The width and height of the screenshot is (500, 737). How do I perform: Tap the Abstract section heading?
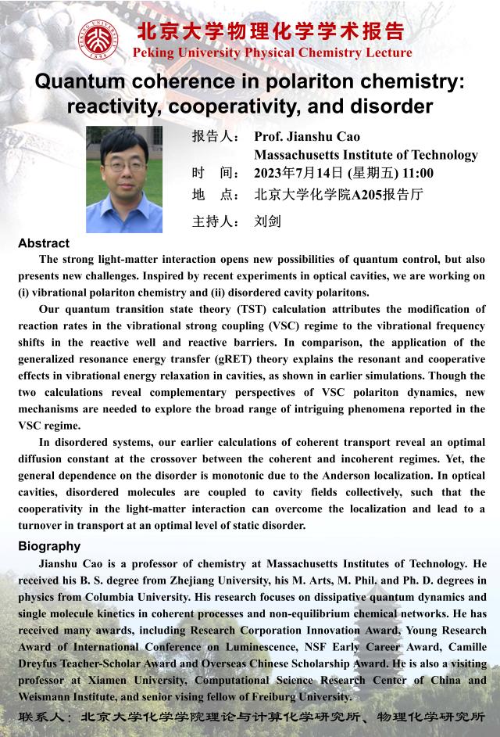pos(44,243)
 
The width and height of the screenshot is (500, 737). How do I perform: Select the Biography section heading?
pos(49,546)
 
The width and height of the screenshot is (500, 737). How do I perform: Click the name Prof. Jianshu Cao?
pos(307,137)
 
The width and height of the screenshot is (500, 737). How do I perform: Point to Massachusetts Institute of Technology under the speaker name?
pos(366,155)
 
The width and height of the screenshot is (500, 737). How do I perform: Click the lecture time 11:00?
pos(418,173)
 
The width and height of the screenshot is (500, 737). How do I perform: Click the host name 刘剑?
pos(267,221)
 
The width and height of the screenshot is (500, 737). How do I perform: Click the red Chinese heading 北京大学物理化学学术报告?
pos(272,31)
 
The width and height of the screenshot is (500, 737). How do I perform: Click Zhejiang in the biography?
pos(211,580)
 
